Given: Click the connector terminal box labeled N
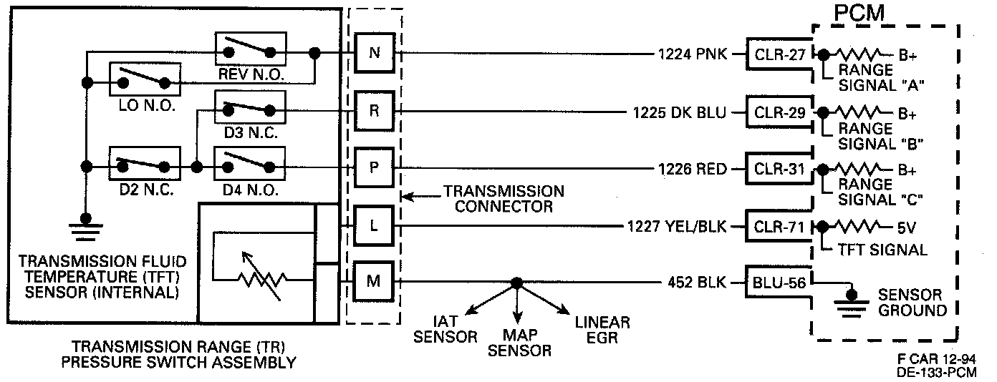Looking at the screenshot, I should click(x=374, y=54).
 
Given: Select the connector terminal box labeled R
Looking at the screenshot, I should click(x=374, y=111).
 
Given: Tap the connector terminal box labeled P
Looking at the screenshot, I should click(x=374, y=167).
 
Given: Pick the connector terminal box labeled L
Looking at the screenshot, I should click(x=374, y=225).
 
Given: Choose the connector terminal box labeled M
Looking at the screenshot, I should click(x=374, y=281).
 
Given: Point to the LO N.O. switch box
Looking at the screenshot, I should click(x=144, y=79).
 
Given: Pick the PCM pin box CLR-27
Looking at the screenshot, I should click(x=777, y=54).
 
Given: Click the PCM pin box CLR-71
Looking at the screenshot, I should click(x=777, y=226).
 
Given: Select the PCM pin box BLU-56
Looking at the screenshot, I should click(x=777, y=283).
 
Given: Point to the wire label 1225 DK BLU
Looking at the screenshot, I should click(x=679, y=112).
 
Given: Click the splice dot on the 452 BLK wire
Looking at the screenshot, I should click(x=516, y=282).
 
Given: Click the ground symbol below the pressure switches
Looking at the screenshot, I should click(x=86, y=229).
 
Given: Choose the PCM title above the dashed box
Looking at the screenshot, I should click(x=859, y=14).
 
